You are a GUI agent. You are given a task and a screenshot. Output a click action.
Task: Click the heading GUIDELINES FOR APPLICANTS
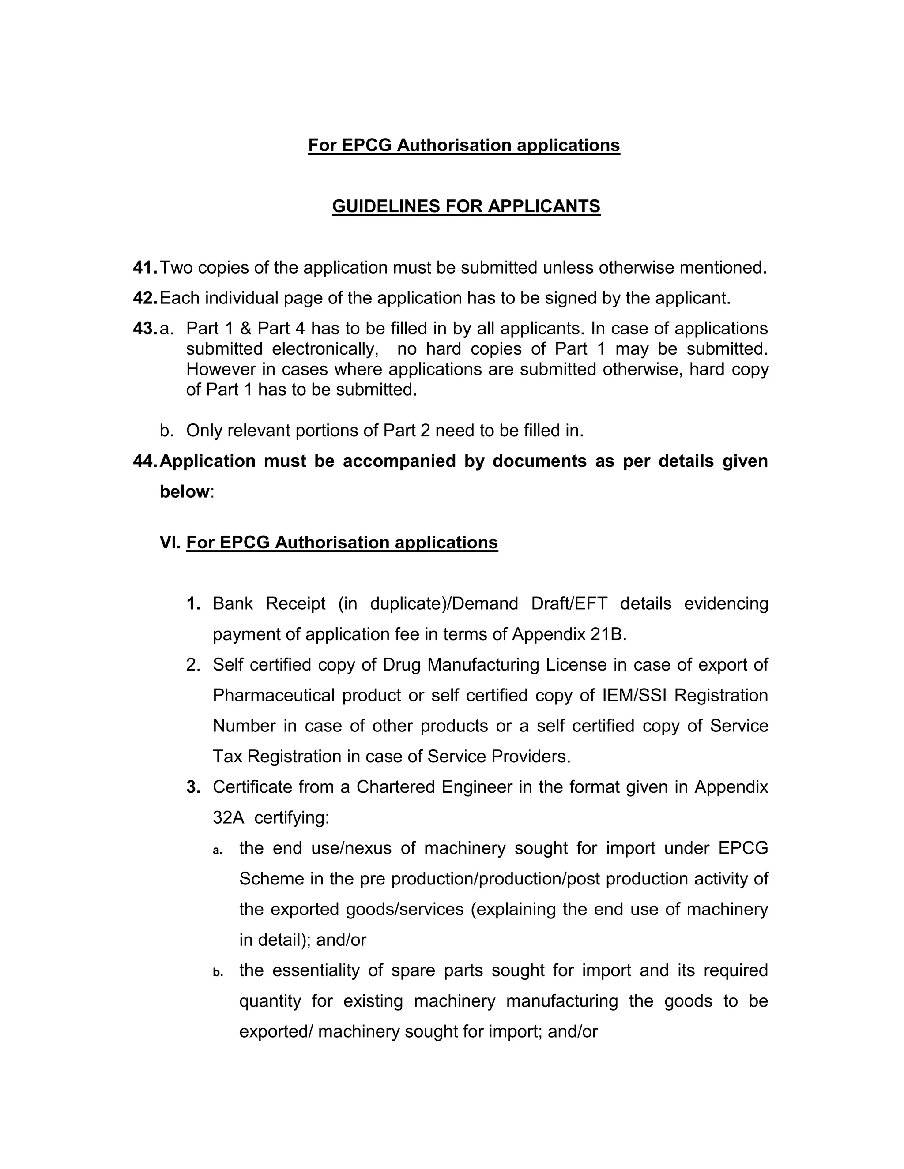click(466, 206)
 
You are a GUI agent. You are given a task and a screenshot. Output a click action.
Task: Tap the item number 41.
click(144, 267)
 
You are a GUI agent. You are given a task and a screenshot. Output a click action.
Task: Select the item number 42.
click(144, 298)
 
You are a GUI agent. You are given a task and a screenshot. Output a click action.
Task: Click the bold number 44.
click(144, 461)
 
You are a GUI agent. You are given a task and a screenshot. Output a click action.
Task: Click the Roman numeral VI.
click(170, 542)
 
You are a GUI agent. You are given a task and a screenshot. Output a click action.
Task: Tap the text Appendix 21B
click(568, 634)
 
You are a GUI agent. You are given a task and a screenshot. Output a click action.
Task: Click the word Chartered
click(395, 787)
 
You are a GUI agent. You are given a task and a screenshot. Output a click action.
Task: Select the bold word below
click(184, 491)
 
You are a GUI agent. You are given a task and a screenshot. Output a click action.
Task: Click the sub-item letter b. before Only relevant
click(166, 431)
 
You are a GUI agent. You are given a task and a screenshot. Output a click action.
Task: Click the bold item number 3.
click(193, 787)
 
